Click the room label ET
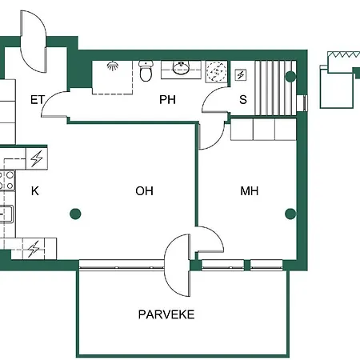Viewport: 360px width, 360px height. [36, 100]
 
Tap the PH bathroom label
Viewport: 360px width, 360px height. [167, 100]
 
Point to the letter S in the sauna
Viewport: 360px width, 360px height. [244, 100]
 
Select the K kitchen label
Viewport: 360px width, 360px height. [35, 191]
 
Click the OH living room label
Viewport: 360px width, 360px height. [144, 191]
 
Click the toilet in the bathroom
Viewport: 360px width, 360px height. [146, 71]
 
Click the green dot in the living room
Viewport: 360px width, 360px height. [75, 214]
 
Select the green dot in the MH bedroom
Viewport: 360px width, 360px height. [290, 214]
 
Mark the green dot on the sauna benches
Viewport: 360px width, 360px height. [290, 77]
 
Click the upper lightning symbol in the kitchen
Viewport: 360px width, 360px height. [36, 158]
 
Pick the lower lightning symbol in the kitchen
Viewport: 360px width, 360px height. [33, 250]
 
